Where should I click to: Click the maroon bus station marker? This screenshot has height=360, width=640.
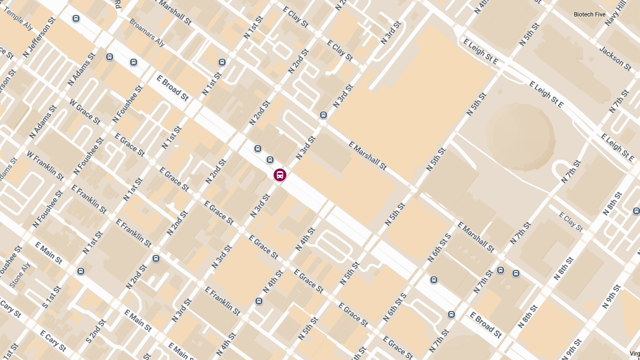[x=279, y=175]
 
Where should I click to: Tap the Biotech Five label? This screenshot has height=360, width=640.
[x=589, y=14]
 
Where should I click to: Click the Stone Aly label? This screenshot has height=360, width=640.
[x=19, y=276]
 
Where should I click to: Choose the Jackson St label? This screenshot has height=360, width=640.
[x=615, y=58]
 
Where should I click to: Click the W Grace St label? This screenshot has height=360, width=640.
[x=84, y=111]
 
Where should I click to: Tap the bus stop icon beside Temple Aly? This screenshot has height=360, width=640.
[x=76, y=18]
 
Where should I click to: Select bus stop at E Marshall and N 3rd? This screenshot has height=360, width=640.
[x=323, y=115]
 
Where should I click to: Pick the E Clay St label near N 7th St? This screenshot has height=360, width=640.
[x=571, y=221]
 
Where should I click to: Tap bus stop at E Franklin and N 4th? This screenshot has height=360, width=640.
[x=259, y=301]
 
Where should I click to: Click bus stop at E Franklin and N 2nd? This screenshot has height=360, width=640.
[x=156, y=259]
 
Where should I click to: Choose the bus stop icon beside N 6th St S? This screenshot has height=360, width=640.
[x=434, y=279]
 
